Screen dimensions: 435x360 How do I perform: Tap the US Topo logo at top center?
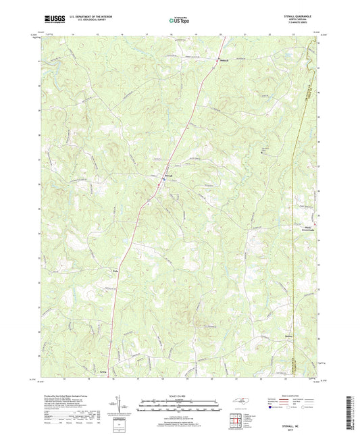coord(179,21)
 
